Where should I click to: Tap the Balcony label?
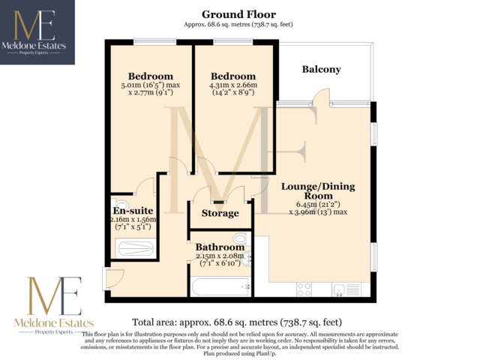pyautogui.click(x=321, y=69)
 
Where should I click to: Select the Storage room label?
pyautogui.click(x=219, y=214)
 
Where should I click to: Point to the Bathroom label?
pyautogui.click(x=220, y=247)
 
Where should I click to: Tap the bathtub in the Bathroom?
pyautogui.click(x=217, y=286)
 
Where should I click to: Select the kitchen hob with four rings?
pyautogui.click(x=305, y=288)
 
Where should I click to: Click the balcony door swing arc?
pyautogui.click(x=321, y=96)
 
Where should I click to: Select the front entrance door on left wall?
pyautogui.click(x=114, y=277)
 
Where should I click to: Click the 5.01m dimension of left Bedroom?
pyautogui.click(x=150, y=85)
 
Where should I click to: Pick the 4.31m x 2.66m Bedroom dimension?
pyautogui.click(x=232, y=85)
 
